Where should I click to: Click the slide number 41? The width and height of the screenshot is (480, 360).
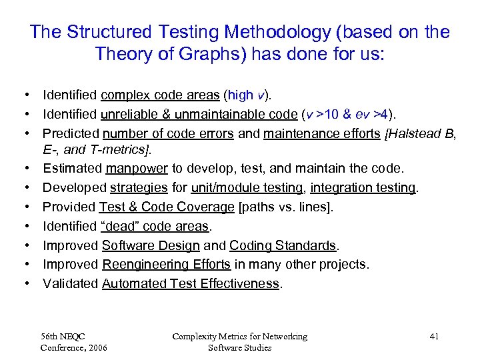coord(434,336)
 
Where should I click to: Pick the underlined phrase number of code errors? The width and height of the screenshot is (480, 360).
coord(168,134)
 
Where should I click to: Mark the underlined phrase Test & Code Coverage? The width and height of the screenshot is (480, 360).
coord(167,208)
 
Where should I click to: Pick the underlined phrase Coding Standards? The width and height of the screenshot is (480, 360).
coord(283,245)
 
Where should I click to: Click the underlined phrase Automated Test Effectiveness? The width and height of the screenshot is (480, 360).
coord(191,283)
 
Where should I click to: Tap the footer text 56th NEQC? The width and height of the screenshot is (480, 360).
coord(63,336)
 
